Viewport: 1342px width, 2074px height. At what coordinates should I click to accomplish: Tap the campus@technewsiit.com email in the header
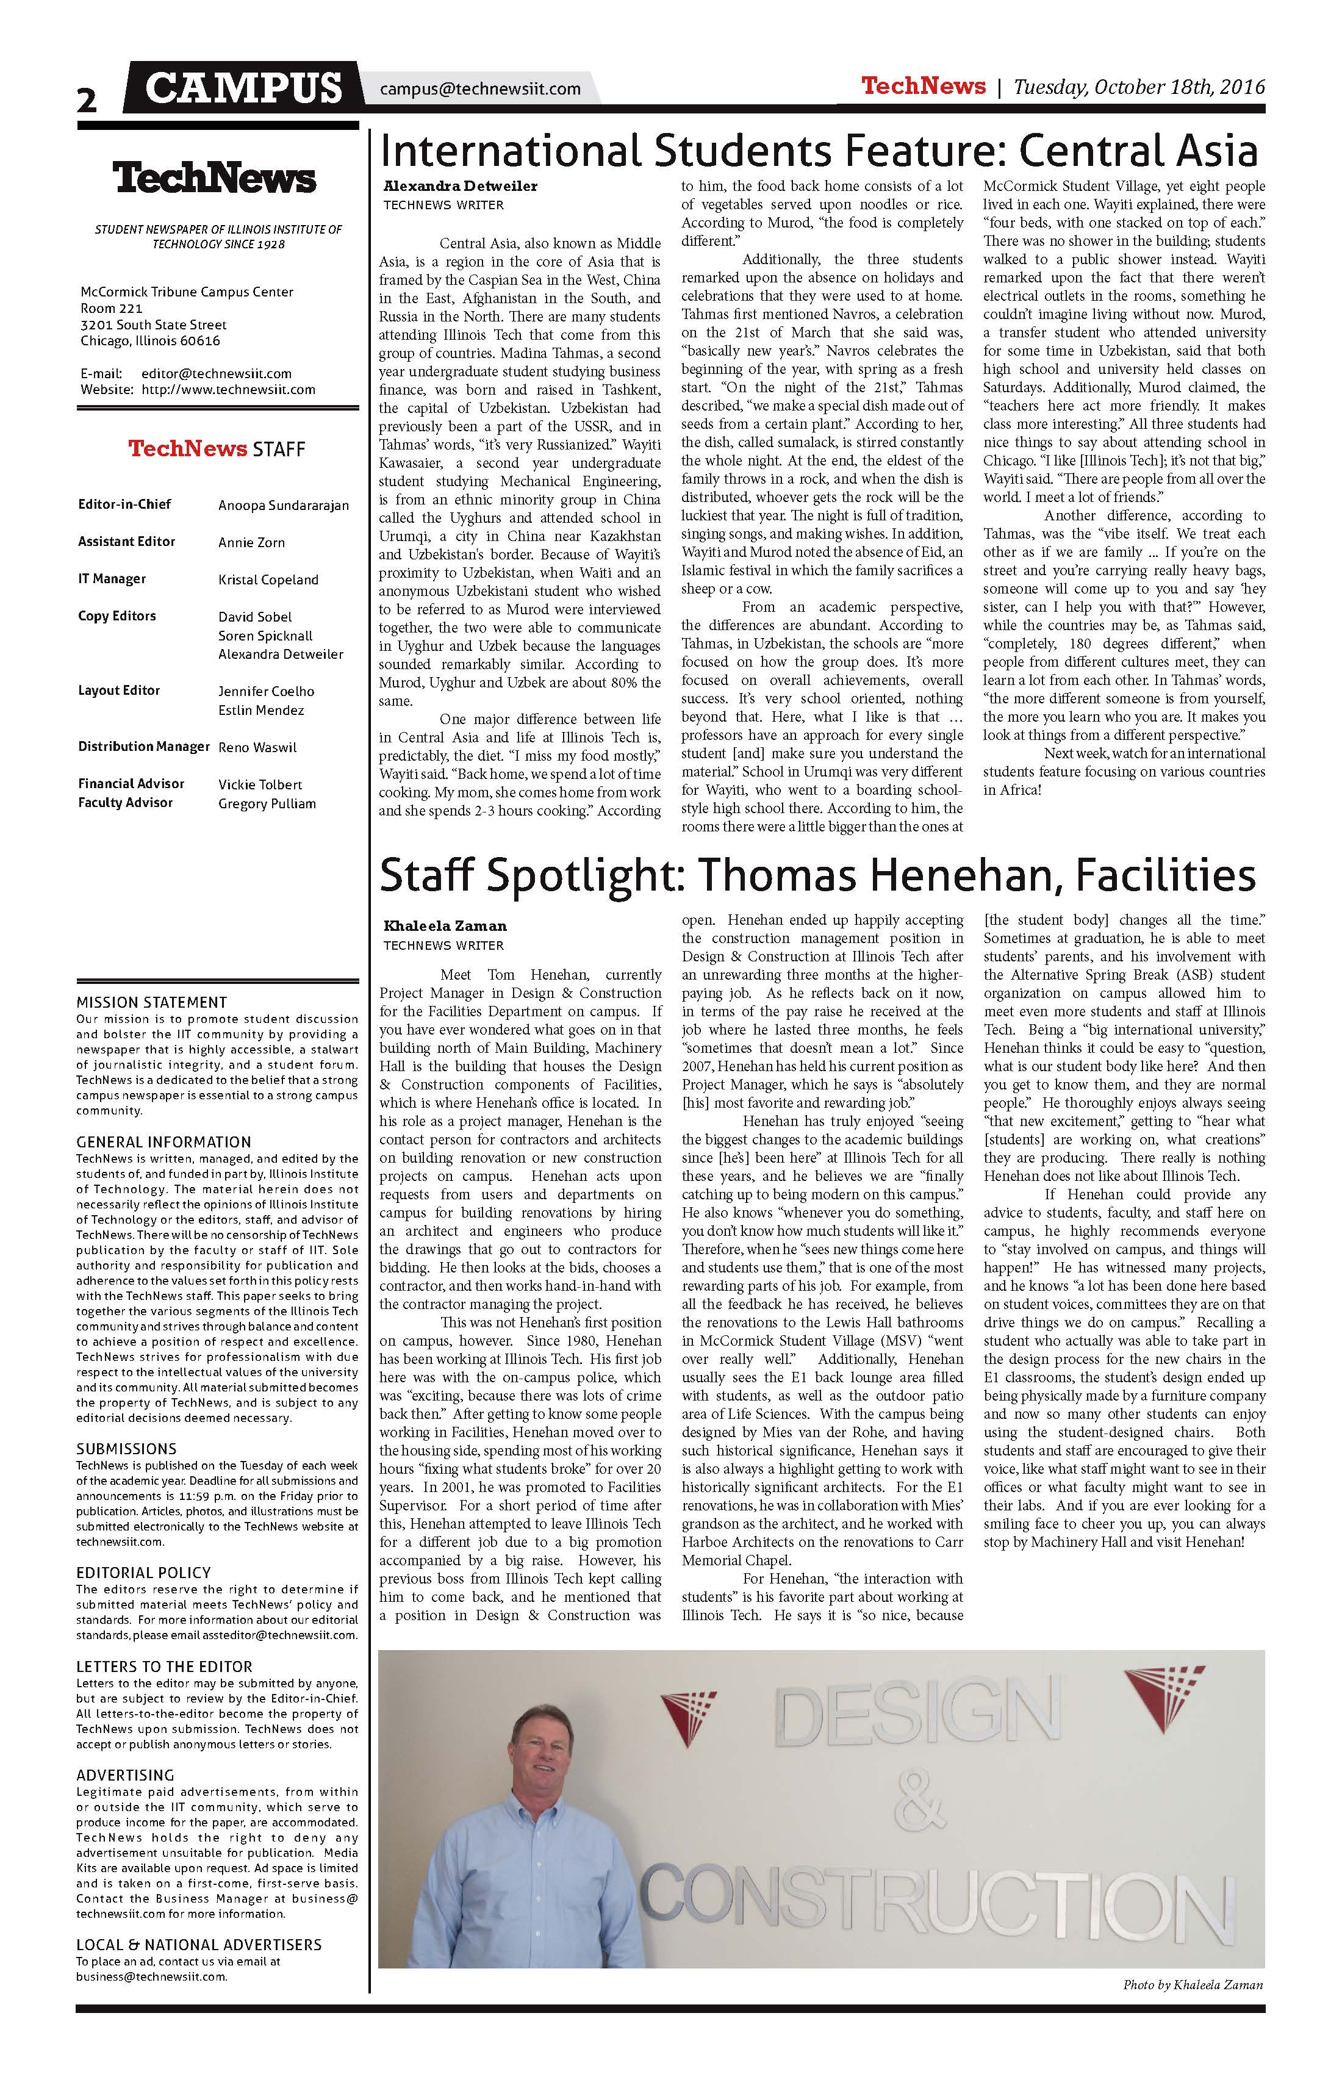(480, 89)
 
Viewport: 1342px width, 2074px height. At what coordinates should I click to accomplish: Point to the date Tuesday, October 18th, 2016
(1139, 87)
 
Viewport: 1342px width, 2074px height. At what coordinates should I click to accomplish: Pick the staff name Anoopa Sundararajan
(283, 506)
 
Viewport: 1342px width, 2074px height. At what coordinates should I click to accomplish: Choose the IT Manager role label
(112, 579)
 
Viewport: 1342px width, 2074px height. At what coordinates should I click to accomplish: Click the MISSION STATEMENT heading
(152, 1002)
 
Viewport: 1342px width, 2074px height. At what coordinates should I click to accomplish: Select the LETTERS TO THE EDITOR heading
(164, 1666)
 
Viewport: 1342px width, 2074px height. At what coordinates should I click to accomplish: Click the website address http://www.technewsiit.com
(228, 390)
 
